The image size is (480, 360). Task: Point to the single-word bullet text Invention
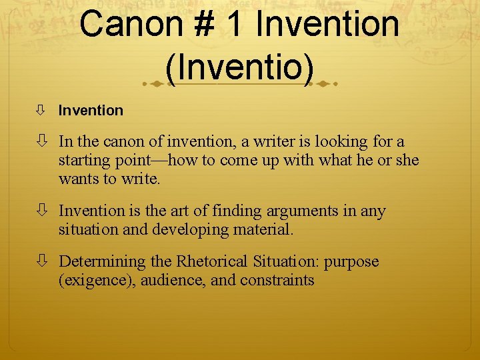click(91, 111)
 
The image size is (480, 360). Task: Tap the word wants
click(77, 179)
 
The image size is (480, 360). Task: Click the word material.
click(266, 230)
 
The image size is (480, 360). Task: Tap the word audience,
click(176, 281)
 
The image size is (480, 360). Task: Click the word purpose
click(351, 262)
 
